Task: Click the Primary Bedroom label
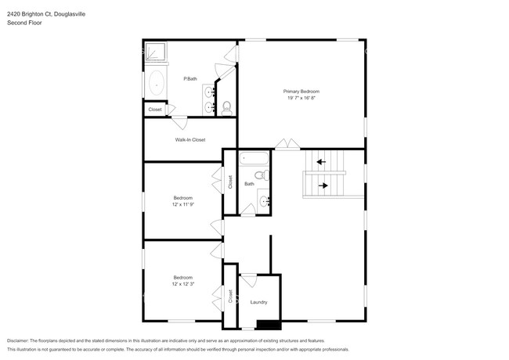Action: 301,92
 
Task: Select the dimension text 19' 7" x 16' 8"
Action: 301,98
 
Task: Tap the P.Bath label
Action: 189,78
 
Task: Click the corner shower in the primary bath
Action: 156,52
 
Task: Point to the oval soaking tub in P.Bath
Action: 156,82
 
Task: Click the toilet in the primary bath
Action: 227,107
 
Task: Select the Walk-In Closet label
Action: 190,140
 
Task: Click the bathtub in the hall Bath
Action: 254,159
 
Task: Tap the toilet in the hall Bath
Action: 264,177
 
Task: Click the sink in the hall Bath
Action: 264,201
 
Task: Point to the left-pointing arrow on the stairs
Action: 320,163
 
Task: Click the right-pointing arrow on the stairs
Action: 324,185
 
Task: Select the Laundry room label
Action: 258,302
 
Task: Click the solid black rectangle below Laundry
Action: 269,324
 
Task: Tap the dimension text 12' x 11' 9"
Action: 182,204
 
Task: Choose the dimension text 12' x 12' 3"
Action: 182,284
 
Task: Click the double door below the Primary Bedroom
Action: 286,145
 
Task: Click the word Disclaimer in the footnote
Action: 17,340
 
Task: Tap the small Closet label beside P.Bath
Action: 155,110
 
